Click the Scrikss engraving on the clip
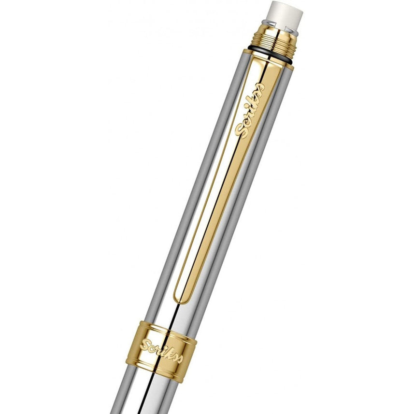pyautogui.click(x=250, y=109)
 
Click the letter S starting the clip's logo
pyautogui.click(x=239, y=129)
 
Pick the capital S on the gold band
pyautogui.click(x=145, y=344)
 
